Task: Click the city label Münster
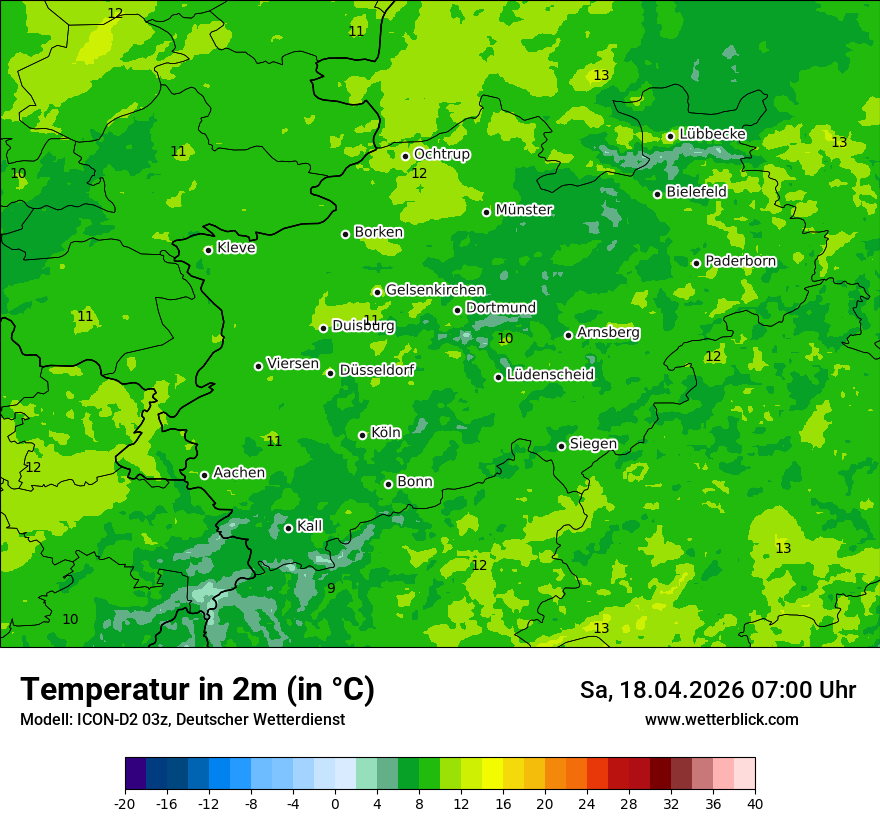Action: [524, 210]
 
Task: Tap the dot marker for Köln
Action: [362, 435]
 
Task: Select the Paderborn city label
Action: [740, 261]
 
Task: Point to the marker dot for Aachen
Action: [204, 475]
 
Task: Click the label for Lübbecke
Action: [712, 134]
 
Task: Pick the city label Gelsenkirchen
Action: [435, 290]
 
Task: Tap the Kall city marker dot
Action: [288, 528]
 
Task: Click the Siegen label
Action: [593, 444]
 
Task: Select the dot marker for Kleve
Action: [208, 250]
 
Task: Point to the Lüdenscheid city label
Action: [550, 375]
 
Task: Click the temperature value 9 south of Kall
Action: [331, 588]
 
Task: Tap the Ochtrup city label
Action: [441, 154]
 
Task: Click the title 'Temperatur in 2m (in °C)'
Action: [197, 689]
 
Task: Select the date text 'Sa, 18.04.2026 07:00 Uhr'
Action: [717, 690]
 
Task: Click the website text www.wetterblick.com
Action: [721, 719]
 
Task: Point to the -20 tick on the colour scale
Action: [125, 803]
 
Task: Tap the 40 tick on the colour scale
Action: [755, 803]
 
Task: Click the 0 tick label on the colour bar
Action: [335, 803]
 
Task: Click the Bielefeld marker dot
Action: [657, 194]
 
